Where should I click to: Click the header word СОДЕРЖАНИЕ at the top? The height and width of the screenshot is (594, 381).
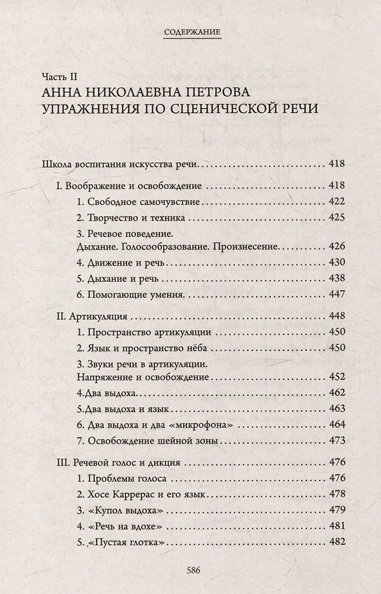coord(191,30)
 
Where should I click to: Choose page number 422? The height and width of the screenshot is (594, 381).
coord(337,201)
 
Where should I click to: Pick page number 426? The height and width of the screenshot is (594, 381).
coord(337,246)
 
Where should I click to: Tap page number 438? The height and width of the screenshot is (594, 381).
coord(337,280)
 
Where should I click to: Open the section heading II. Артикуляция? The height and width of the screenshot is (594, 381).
coord(92,317)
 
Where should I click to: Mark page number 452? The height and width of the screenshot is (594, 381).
coord(337,375)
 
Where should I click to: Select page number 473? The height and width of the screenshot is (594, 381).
coord(337,442)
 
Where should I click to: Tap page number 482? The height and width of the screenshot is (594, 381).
coord(337,542)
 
